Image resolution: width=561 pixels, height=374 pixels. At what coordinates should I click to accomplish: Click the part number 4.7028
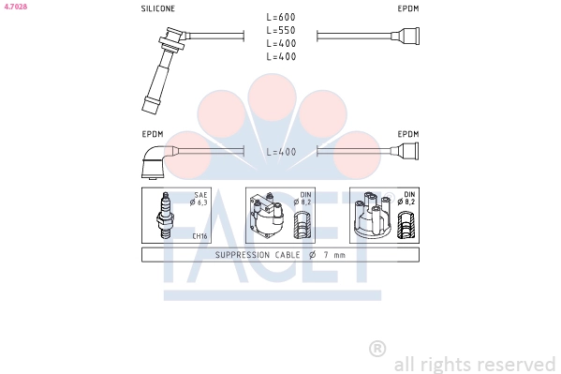(x=15, y=7)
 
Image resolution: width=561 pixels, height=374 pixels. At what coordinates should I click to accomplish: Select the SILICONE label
(x=157, y=8)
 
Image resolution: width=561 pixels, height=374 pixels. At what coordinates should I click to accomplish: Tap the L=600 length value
(x=281, y=17)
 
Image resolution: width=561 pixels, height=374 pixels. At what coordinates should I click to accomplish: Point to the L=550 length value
(x=281, y=30)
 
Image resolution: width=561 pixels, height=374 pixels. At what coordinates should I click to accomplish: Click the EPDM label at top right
(x=408, y=8)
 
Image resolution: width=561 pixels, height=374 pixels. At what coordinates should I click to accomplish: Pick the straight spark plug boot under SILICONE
(x=164, y=70)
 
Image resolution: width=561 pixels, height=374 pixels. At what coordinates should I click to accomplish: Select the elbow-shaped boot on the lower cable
(x=156, y=161)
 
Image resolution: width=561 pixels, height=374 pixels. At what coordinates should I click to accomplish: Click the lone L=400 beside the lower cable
(x=281, y=152)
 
